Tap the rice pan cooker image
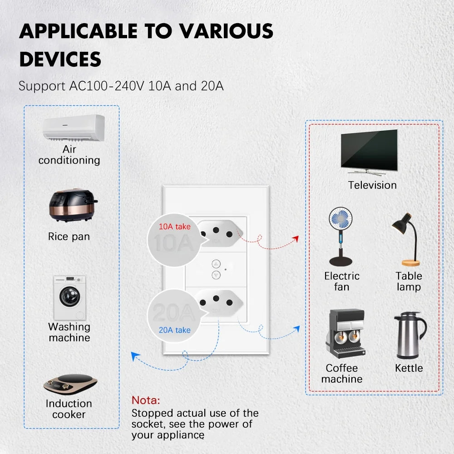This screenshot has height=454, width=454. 73,205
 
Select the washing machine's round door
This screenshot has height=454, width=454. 70,296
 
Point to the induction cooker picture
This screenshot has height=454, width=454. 70,385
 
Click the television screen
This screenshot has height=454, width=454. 369,150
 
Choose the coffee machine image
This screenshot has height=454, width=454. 345,334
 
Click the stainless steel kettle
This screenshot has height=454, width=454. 410,336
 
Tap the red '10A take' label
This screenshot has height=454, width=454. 175,227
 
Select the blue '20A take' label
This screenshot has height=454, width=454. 175,330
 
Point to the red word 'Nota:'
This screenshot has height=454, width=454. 146,400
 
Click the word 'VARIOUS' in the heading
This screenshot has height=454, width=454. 226,31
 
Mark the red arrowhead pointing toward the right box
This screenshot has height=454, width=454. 296,239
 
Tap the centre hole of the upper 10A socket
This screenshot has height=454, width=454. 216,230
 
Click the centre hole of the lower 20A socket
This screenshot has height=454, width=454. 216,299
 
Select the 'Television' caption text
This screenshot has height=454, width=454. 372,185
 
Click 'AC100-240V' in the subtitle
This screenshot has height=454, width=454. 107,86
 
